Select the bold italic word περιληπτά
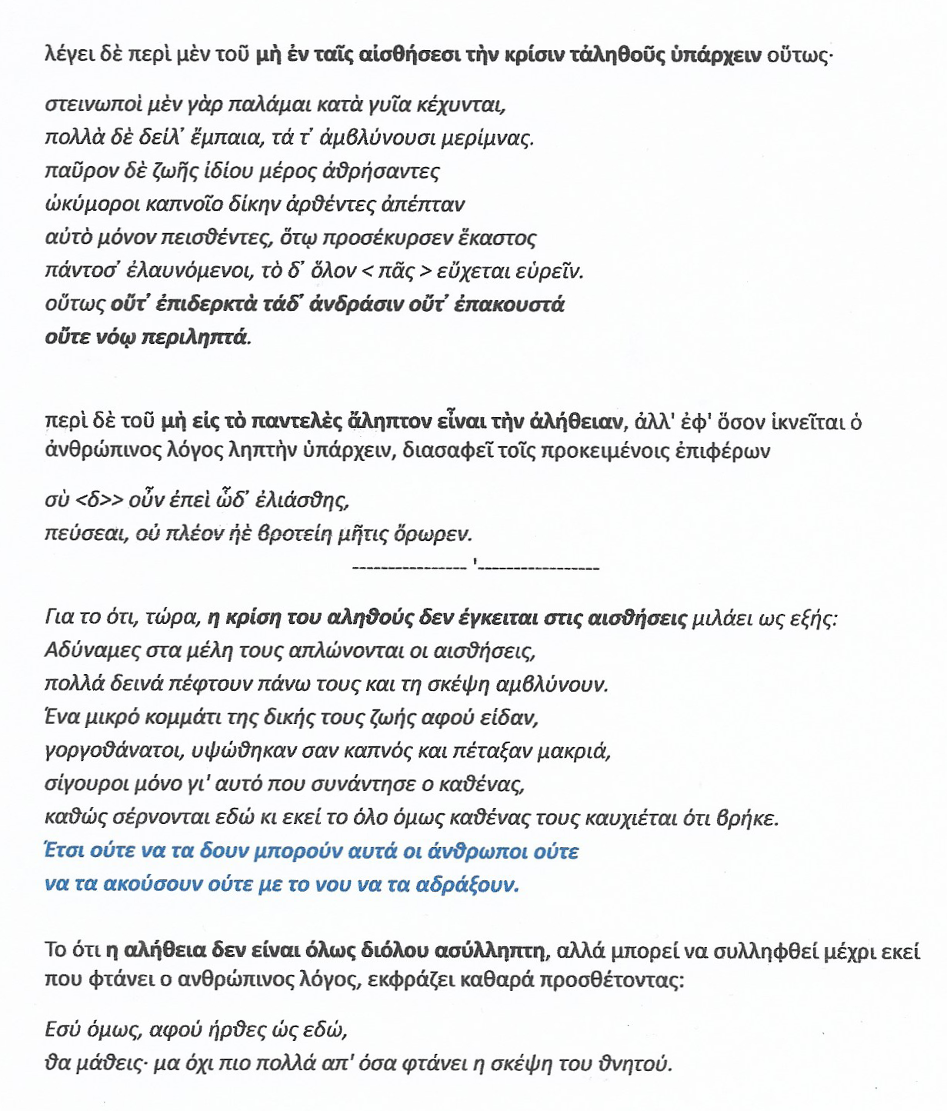(x=197, y=337)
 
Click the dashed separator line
(x=475, y=569)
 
